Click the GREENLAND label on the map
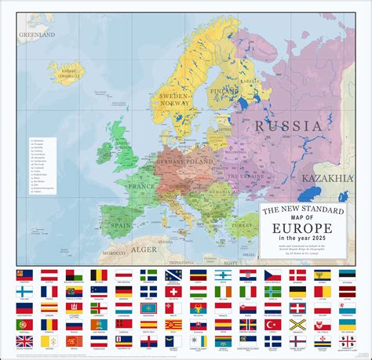[x=37, y=35]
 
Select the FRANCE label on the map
[x=141, y=188]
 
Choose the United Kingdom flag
[x=24, y=341]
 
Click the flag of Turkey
[x=272, y=324]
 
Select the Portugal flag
[x=24, y=324]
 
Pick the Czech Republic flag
[x=272, y=275]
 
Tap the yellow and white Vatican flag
[x=49, y=341]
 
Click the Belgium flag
[x=98, y=275]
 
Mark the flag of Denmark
[x=297, y=275]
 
